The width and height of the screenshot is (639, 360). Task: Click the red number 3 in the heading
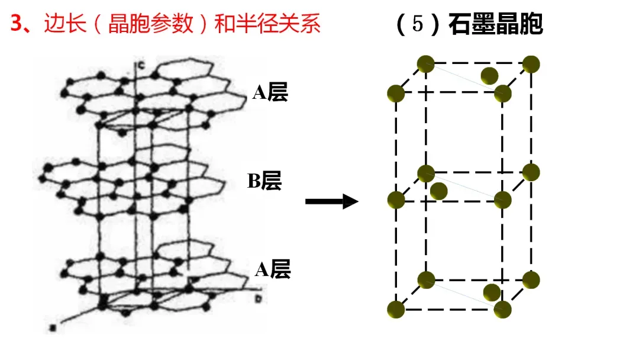17,24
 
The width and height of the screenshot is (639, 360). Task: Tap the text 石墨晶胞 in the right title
496,24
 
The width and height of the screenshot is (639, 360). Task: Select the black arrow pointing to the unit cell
331,202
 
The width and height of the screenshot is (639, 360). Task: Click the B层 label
264,181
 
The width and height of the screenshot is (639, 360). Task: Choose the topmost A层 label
270,92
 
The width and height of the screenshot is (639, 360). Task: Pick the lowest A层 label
273,270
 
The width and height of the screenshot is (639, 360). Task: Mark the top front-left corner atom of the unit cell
395,93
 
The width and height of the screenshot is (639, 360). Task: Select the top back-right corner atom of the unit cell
531,63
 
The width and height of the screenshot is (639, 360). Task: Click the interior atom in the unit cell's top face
489,76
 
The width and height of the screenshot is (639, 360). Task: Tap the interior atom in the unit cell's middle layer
438,191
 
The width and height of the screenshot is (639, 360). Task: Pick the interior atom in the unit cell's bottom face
492,292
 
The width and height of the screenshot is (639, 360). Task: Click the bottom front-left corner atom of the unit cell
395,309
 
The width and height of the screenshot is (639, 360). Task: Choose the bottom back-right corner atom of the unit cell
531,279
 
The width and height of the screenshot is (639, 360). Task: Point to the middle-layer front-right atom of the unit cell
502,200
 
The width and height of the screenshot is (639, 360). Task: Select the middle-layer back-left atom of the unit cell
425,173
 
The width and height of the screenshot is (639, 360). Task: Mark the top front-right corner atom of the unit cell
502,93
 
